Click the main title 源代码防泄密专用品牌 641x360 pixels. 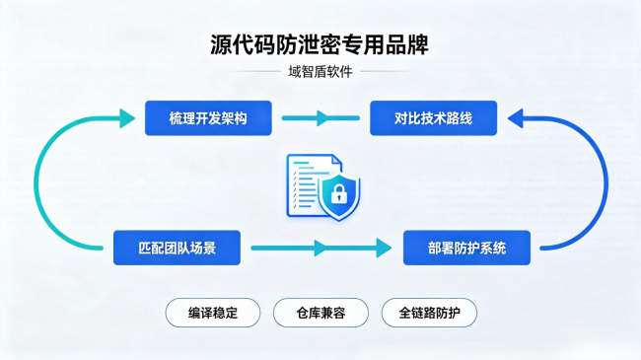point(320,44)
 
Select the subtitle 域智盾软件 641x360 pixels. point(320,72)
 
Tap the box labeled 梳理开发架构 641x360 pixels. point(208,118)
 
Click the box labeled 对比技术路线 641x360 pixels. point(433,118)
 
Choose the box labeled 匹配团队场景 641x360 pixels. point(177,248)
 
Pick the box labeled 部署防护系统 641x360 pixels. point(466,248)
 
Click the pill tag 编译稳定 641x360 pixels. point(213,313)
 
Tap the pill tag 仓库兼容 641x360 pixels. point(320,313)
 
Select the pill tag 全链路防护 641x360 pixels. point(429,313)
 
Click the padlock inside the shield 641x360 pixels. point(339,193)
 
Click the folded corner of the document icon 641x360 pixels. point(336,161)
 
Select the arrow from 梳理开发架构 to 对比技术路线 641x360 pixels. point(320,118)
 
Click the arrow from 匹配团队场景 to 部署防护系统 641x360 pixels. point(321,248)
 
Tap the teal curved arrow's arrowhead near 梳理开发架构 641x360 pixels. point(127,118)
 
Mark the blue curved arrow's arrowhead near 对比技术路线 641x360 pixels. point(515,118)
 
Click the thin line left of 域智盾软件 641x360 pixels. point(255,72)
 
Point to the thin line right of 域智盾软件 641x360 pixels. point(387,72)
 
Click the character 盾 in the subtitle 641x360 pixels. point(320,72)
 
